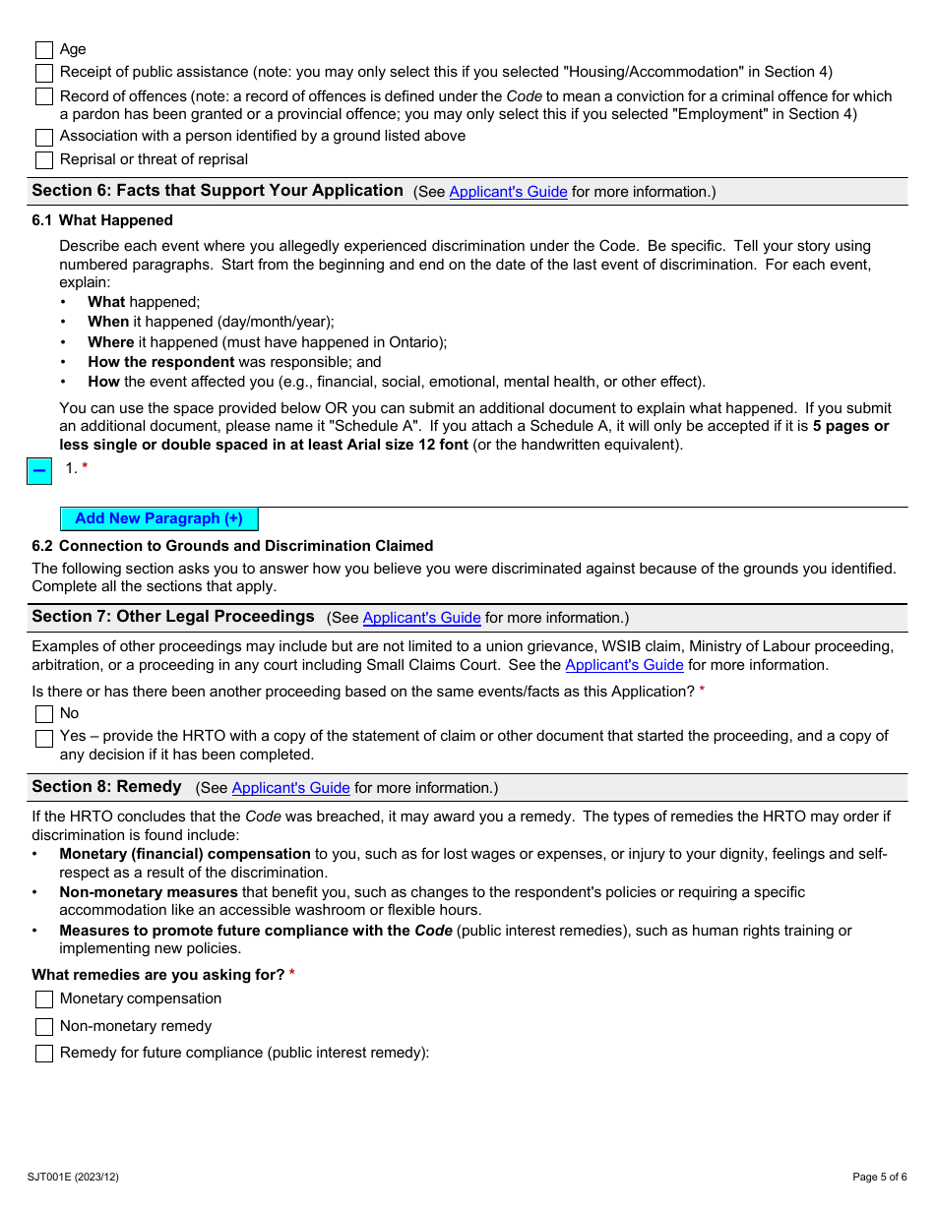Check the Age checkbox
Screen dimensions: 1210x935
[x=44, y=50]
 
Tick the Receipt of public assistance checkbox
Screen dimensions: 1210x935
[x=44, y=73]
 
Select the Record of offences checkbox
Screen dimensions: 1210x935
[x=44, y=96]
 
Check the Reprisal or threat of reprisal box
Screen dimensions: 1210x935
[x=44, y=160]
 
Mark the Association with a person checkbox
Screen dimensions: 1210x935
[x=44, y=137]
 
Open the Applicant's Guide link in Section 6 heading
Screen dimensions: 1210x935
[x=508, y=192]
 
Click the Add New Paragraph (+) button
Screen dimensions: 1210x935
[x=158, y=518]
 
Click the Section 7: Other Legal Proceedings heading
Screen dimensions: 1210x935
[x=173, y=617]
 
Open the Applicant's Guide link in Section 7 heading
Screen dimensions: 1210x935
[x=421, y=618]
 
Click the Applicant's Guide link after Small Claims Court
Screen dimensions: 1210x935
[x=624, y=665]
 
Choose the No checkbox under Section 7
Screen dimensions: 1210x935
[x=44, y=714]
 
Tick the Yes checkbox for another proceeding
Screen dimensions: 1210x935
[x=44, y=738]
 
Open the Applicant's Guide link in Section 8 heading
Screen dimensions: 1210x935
[x=290, y=788]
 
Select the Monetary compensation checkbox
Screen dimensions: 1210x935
[x=44, y=999]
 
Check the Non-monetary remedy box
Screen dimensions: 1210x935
[x=44, y=1027]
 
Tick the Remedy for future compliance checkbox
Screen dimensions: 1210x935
[x=44, y=1054]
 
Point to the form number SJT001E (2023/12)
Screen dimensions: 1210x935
[x=73, y=1177]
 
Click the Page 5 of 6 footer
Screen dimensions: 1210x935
[x=880, y=1177]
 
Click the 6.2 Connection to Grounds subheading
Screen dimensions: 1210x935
[x=232, y=546]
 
